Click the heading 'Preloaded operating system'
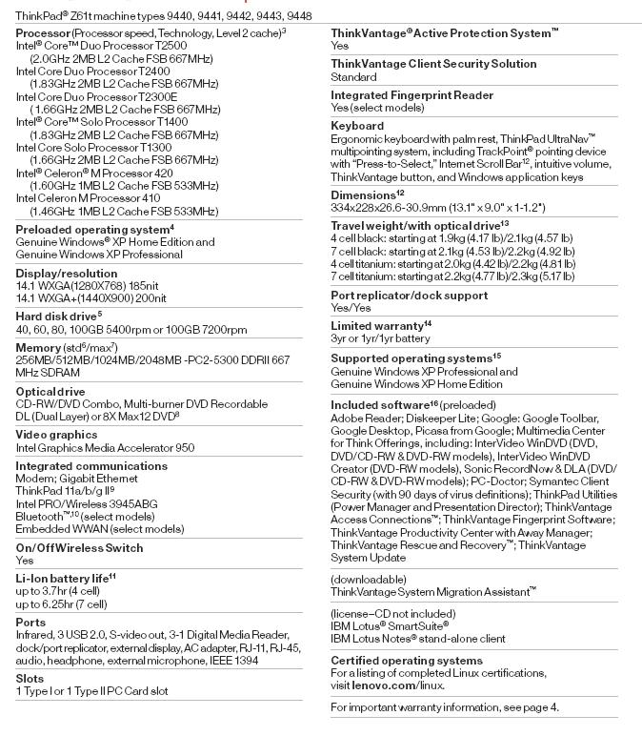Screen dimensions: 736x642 (x=92, y=230)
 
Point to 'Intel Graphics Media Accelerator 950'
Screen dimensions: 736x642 (x=105, y=447)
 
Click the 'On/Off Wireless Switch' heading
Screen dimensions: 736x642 (x=80, y=547)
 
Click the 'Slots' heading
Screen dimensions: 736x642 (x=30, y=678)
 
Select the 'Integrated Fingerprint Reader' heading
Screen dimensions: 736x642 (x=411, y=95)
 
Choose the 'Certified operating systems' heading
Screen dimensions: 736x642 (x=407, y=660)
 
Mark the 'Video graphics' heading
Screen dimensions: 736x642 (x=56, y=435)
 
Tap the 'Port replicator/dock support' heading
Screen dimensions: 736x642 (x=410, y=295)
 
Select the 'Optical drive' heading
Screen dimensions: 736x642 (x=50, y=391)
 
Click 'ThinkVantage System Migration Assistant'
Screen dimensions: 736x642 (x=433, y=591)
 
